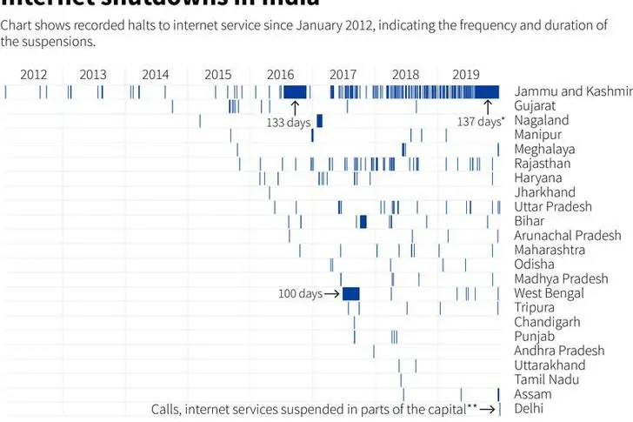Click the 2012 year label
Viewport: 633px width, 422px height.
point(33,75)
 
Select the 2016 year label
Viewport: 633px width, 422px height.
point(280,75)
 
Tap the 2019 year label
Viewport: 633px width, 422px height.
point(466,75)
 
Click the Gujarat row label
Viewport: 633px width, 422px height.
point(536,105)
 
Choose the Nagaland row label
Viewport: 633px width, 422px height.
point(542,120)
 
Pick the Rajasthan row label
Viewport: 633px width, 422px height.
point(543,163)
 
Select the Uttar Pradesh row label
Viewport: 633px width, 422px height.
point(553,206)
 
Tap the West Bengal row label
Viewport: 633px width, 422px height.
point(549,293)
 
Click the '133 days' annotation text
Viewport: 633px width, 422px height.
point(288,123)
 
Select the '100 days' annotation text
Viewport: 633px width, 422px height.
point(300,294)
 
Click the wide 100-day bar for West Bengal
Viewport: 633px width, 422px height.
point(351,293)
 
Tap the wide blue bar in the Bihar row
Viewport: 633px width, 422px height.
point(363,221)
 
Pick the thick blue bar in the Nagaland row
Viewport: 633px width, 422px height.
point(319,120)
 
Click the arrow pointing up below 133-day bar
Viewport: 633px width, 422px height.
point(294,107)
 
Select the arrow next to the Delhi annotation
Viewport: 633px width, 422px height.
point(488,409)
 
